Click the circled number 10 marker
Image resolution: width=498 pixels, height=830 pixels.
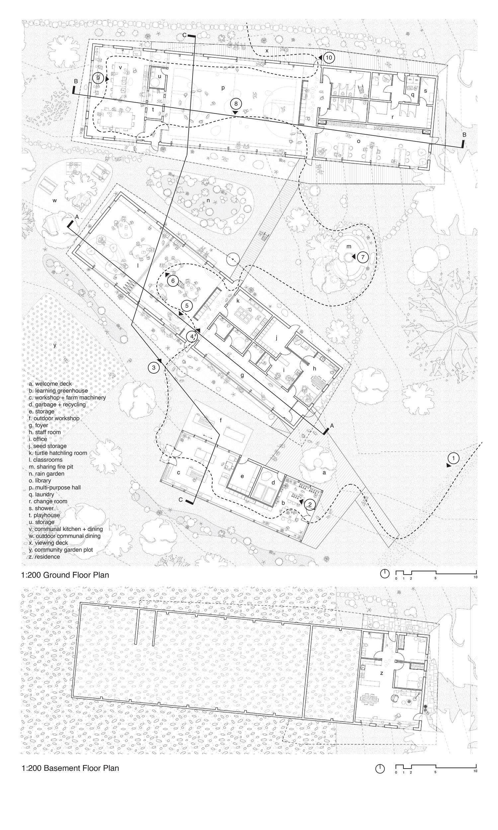click(x=329, y=58)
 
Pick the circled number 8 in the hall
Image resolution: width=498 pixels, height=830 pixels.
click(x=236, y=104)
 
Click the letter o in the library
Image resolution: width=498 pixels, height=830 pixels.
click(x=359, y=141)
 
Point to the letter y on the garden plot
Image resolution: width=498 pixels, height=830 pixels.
click(x=55, y=345)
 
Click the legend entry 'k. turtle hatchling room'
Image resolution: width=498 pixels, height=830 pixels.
click(x=58, y=453)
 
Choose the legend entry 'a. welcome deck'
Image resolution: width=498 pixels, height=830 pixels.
click(x=50, y=383)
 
